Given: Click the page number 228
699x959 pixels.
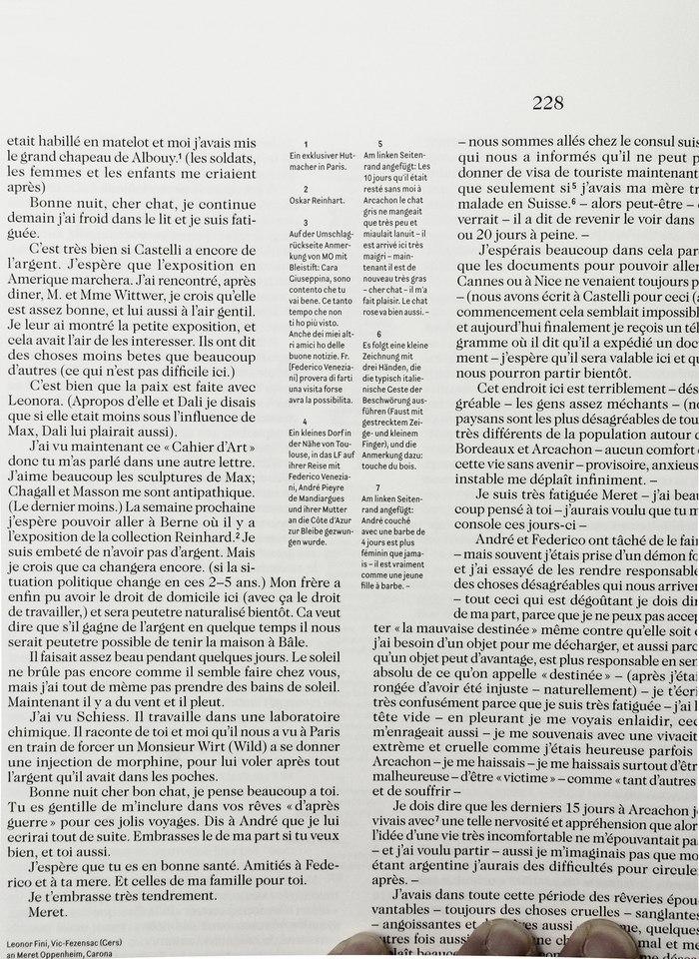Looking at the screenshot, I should click(548, 102).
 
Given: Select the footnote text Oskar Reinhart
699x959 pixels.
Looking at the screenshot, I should click(316, 199).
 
